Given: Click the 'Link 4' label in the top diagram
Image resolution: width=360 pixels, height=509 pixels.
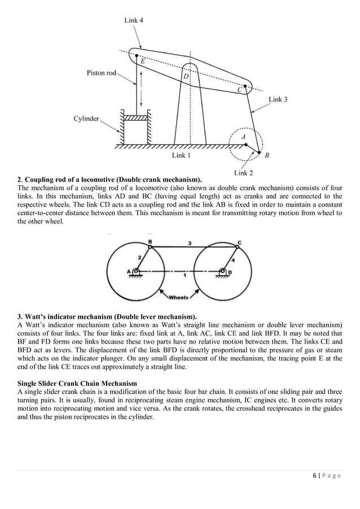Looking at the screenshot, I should click(133, 21).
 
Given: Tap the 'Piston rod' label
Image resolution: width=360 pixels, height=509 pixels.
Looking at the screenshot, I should click(102, 73).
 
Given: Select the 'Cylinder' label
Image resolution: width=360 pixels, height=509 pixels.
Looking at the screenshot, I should click(86, 119).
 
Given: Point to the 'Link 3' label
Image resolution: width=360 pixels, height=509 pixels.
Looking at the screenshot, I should click(278, 99).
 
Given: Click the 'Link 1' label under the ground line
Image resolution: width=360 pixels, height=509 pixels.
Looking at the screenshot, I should click(181, 155).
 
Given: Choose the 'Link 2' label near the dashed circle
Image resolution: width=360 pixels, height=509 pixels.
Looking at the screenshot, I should click(243, 173).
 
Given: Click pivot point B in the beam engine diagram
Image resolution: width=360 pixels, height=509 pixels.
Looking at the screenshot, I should click(259, 152).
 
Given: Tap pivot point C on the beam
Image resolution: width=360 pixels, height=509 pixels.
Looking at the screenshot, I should click(246, 86).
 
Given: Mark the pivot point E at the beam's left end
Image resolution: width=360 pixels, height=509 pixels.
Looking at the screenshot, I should click(135, 56).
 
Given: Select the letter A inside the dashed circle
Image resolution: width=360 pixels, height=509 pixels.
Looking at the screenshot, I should click(243, 137).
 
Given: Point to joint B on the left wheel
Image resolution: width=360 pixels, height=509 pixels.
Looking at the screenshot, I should click(150, 245).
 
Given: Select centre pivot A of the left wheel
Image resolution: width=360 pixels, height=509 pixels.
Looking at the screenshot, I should click(135, 271).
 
